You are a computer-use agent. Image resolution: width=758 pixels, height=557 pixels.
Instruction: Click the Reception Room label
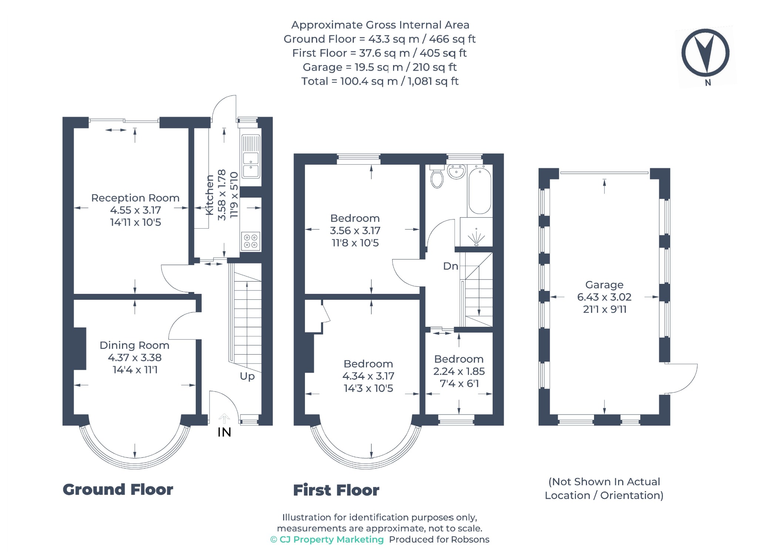pyautogui.click(x=135, y=198)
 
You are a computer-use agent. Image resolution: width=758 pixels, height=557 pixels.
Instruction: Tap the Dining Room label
pyautogui.click(x=134, y=345)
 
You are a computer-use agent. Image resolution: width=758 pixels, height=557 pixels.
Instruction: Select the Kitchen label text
pyautogui.click(x=209, y=195)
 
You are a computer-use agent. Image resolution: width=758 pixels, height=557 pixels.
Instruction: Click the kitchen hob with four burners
pyautogui.click(x=251, y=241)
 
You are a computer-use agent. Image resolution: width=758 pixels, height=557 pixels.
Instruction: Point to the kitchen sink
pyautogui.click(x=251, y=156)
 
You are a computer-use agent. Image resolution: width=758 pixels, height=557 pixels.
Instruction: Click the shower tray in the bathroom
pyautogui.click(x=476, y=232)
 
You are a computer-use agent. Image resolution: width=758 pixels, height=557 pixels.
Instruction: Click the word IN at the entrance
pyautogui.click(x=224, y=432)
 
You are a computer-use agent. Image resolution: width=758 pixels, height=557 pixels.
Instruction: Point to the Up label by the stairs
pyautogui.click(x=247, y=376)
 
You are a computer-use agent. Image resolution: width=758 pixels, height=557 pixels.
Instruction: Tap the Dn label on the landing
pyautogui.click(x=450, y=266)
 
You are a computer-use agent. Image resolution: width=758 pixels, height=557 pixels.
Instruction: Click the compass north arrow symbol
pyautogui.click(x=705, y=53)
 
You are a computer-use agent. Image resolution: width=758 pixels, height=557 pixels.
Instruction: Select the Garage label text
pyautogui.click(x=604, y=285)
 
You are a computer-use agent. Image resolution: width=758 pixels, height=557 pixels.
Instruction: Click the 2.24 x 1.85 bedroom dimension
pyautogui.click(x=459, y=371)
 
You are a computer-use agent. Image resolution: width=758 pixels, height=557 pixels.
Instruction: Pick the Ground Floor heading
pyautogui.click(x=118, y=490)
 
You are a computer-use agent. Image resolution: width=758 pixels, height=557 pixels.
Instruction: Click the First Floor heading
pyautogui.click(x=336, y=490)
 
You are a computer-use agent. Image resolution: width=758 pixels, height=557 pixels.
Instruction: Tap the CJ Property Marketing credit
pyautogui.click(x=327, y=540)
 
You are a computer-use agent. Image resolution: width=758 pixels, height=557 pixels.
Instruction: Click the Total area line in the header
pyautogui.click(x=380, y=81)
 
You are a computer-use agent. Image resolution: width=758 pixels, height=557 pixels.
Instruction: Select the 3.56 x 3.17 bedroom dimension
pyautogui.click(x=355, y=231)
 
